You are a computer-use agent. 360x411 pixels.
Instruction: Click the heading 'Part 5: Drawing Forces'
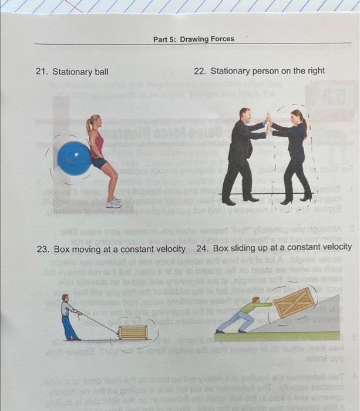point(193,39)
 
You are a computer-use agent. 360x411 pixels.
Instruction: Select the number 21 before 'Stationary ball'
point(41,72)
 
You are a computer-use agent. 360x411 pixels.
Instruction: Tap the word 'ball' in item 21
point(101,72)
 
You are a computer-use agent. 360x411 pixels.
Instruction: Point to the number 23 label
point(42,248)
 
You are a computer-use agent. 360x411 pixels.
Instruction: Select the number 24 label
point(203,248)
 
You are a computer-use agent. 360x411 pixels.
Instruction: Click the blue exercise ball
point(75,158)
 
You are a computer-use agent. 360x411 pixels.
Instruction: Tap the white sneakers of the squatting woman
point(114,203)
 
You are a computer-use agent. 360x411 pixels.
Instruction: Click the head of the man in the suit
point(245,115)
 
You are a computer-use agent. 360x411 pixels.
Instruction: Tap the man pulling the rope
point(70,320)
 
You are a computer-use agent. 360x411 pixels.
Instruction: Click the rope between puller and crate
point(100,322)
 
